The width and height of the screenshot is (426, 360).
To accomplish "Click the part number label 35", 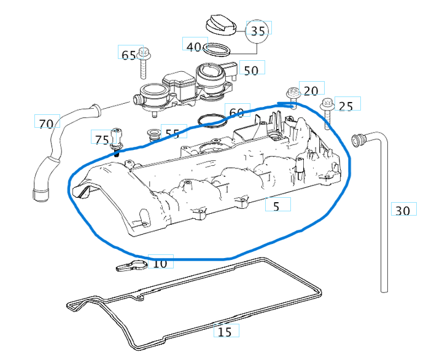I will (x=259, y=31).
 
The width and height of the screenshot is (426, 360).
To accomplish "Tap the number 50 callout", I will (x=251, y=71).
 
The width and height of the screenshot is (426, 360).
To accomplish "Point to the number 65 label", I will (x=128, y=55).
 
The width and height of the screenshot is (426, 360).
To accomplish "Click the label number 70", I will (x=46, y=123).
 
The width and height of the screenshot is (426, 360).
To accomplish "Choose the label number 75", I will (x=102, y=139).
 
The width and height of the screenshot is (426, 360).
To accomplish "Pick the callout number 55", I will (x=172, y=133).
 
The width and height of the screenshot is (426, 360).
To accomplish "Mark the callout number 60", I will (x=236, y=112).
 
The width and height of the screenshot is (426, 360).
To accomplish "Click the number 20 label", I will (x=311, y=91).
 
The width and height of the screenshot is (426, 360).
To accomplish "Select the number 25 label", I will (x=346, y=106).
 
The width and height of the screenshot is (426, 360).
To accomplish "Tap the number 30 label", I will (x=402, y=211).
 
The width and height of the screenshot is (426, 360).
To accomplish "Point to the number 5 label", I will (x=276, y=206).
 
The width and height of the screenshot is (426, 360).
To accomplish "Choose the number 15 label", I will (x=225, y=332).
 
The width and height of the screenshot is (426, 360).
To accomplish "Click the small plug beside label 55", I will (x=152, y=134).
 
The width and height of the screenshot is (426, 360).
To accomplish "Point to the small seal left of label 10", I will (x=131, y=265).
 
